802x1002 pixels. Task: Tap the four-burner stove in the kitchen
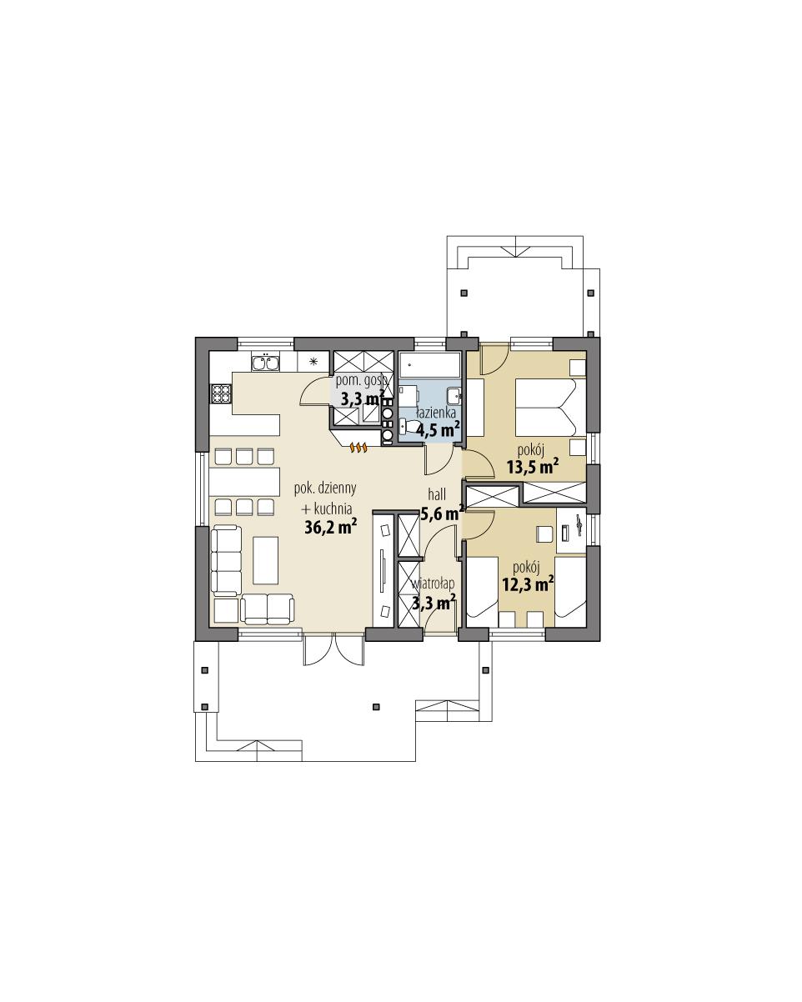(x=221, y=393)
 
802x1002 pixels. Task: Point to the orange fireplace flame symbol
(x=358, y=448)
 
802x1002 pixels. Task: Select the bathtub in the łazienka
(x=429, y=365)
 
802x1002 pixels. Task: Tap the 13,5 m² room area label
(x=532, y=467)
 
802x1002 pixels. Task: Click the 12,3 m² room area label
(x=528, y=584)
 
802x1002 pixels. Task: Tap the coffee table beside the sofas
(x=266, y=560)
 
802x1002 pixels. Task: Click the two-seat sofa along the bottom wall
(x=268, y=609)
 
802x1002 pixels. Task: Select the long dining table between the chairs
(x=243, y=482)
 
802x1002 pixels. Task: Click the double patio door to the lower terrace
(x=333, y=649)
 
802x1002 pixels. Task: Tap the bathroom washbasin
(x=454, y=395)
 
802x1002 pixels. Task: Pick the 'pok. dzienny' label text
(x=324, y=489)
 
